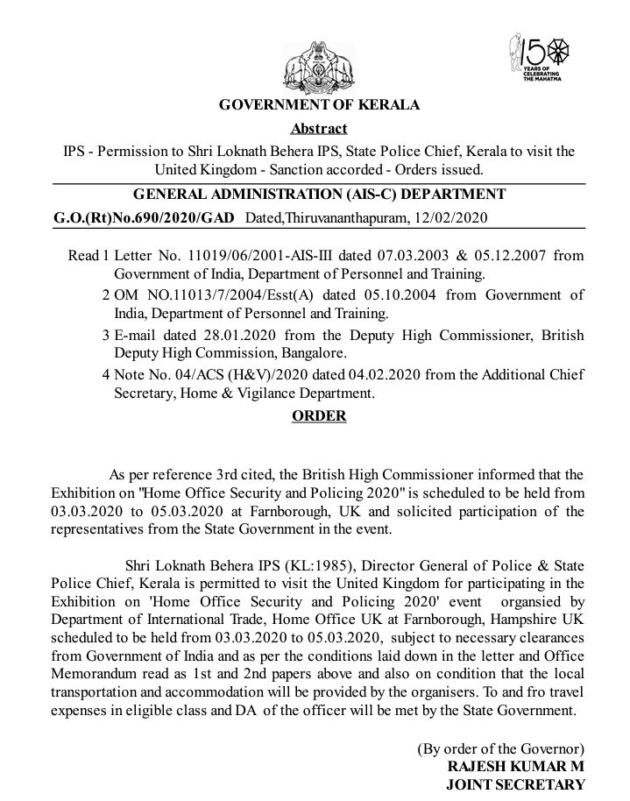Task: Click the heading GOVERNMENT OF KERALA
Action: pyautogui.click(x=319, y=106)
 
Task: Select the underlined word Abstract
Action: pyautogui.click(x=319, y=128)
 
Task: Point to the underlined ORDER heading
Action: pyautogui.click(x=319, y=416)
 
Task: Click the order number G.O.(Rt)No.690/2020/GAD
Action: pyautogui.click(x=139, y=216)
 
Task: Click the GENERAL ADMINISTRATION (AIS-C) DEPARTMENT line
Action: pyautogui.click(x=318, y=194)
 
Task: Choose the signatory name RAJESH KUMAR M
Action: pyautogui.click(x=516, y=766)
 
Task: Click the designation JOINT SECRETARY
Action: pyautogui.click(x=516, y=785)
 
